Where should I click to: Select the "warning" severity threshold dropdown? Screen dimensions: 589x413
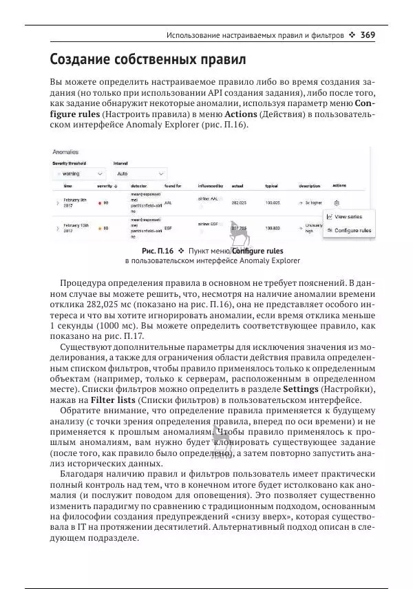pyautogui.click(x=78, y=174)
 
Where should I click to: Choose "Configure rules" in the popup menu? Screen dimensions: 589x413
pyautogui.click(x=352, y=230)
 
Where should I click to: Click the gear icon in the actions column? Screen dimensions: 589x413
pyautogui.click(x=336, y=203)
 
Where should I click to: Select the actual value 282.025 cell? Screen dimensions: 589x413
pyautogui.click(x=239, y=203)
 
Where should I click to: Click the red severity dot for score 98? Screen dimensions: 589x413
pyautogui.click(x=99, y=203)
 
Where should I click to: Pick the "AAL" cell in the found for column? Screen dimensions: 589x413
pyautogui.click(x=168, y=203)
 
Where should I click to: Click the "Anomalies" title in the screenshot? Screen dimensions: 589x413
pyautogui.click(x=65, y=152)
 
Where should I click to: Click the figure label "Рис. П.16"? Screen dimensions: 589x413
pyautogui.click(x=158, y=251)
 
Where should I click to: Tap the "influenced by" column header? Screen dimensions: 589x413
pyautogui.click(x=211, y=186)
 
